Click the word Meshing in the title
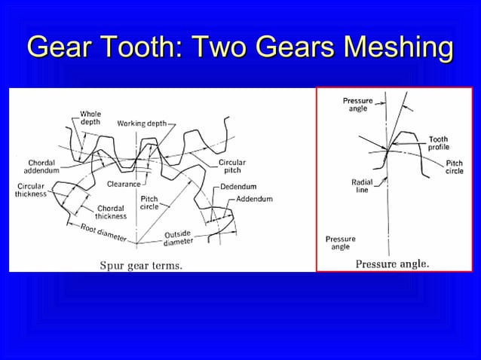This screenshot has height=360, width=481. coord(397,47)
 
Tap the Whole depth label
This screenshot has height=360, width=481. coord(90,118)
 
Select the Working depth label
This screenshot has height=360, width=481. coord(142,123)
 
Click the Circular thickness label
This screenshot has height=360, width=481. coord(30,189)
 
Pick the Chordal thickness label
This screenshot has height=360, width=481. coord(111,212)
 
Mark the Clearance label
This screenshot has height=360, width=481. coord(123,183)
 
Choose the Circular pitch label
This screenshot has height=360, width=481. coord(232,166)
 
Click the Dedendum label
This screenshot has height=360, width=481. coord(238,186)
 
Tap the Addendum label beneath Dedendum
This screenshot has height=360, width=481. coord(254,198)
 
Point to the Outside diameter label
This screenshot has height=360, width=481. coord(179,237)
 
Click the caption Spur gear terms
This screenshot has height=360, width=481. coord(142,265)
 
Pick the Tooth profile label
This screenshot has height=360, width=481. coord(439,143)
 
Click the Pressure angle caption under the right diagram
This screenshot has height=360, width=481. coord(392,264)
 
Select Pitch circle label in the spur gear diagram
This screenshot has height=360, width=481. coord(149,202)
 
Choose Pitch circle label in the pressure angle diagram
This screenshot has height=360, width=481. coord(455,167)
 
